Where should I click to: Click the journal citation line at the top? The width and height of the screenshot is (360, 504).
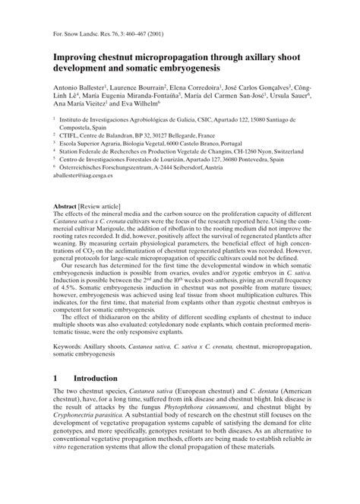point(111,33)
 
